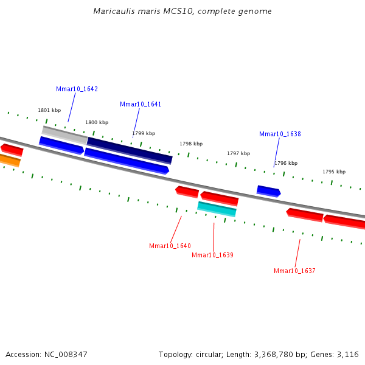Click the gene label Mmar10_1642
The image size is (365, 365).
pos(77,89)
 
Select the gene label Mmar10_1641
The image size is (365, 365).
pos(141,104)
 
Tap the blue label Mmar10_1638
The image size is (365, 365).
pos(280,134)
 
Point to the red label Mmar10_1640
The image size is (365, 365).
pos(170,246)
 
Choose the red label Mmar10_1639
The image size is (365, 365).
pos(212,255)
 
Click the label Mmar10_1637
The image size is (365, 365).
pos(294,271)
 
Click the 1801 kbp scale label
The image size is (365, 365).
pos(49,110)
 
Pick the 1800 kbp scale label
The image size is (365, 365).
pos(97,122)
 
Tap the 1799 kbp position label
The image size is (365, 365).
pos(144,133)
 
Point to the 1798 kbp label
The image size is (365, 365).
pos(191,144)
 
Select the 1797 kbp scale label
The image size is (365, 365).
pos(238,153)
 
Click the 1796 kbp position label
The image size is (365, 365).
pos(286,163)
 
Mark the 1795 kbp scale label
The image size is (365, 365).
pos(334,172)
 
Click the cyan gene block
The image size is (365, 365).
pos(217,209)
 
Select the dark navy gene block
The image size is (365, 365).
pos(130,150)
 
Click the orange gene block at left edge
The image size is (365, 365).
pos(9,160)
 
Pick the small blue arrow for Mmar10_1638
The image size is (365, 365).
pos(268,191)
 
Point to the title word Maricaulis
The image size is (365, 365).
pos(113,12)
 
